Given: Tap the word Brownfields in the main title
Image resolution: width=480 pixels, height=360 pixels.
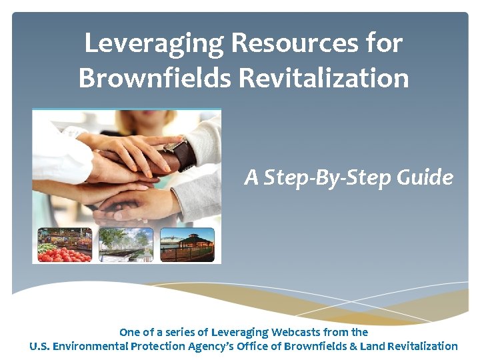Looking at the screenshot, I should tap(154, 78).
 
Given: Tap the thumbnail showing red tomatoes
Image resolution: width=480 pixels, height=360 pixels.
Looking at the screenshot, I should tap(65, 245).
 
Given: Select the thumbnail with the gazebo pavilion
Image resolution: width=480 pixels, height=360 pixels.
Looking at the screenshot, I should tap(187, 245).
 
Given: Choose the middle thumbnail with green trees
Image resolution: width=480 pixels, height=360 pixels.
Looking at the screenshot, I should tap(125, 245).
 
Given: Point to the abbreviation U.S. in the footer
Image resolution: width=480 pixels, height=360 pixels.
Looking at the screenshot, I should tap(39, 346).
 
